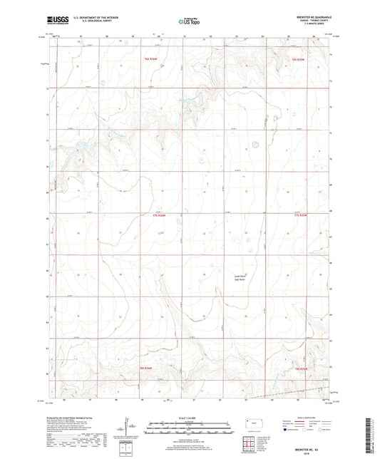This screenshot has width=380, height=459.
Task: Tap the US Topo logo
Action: [x=189, y=21]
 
